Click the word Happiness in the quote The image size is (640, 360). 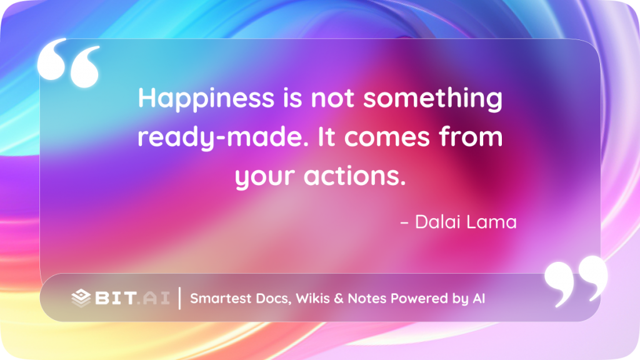click(x=206, y=98)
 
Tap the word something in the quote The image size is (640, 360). click(x=432, y=98)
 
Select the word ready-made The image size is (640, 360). click(x=223, y=137)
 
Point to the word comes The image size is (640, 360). click(x=387, y=137)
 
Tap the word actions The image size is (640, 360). click(x=355, y=176)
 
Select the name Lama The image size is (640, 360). click(x=491, y=222)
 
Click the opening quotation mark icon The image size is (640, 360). click(x=69, y=62)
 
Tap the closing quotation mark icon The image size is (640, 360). click(x=576, y=281)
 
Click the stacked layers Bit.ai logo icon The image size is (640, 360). click(x=81, y=298)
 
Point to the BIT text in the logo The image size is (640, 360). click(x=116, y=298)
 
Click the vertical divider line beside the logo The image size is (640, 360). click(x=179, y=298)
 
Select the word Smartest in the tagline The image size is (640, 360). click(x=221, y=298)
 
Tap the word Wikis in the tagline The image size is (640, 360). click(x=312, y=298)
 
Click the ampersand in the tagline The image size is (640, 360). click(x=339, y=298)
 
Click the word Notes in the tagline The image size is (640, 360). click(x=367, y=298)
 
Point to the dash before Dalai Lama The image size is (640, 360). click(x=404, y=223)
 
